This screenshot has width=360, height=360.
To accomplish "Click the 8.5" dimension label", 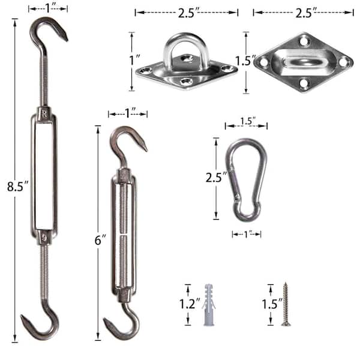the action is [x=17, y=186].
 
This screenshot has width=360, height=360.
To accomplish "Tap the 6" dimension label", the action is [x=100, y=240].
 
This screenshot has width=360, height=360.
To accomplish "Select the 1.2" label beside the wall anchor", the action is [x=190, y=304].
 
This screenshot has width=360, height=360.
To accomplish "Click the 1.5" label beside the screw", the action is [x=272, y=304].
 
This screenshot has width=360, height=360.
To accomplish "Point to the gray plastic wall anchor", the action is [x=209, y=305].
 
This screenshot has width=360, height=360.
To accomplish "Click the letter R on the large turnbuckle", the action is [x=44, y=113].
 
